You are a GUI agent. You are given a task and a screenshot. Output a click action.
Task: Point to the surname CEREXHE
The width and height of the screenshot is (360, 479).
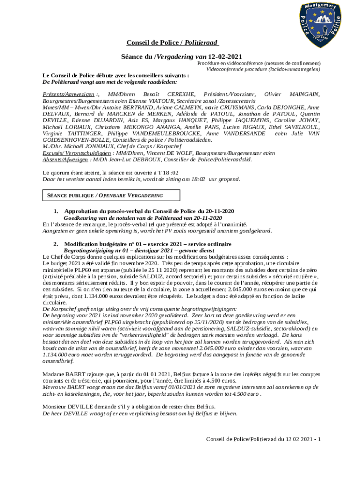click(x=181, y=94)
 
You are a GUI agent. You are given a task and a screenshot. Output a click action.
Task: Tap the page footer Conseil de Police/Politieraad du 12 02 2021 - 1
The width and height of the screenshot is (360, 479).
click(x=263, y=439)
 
